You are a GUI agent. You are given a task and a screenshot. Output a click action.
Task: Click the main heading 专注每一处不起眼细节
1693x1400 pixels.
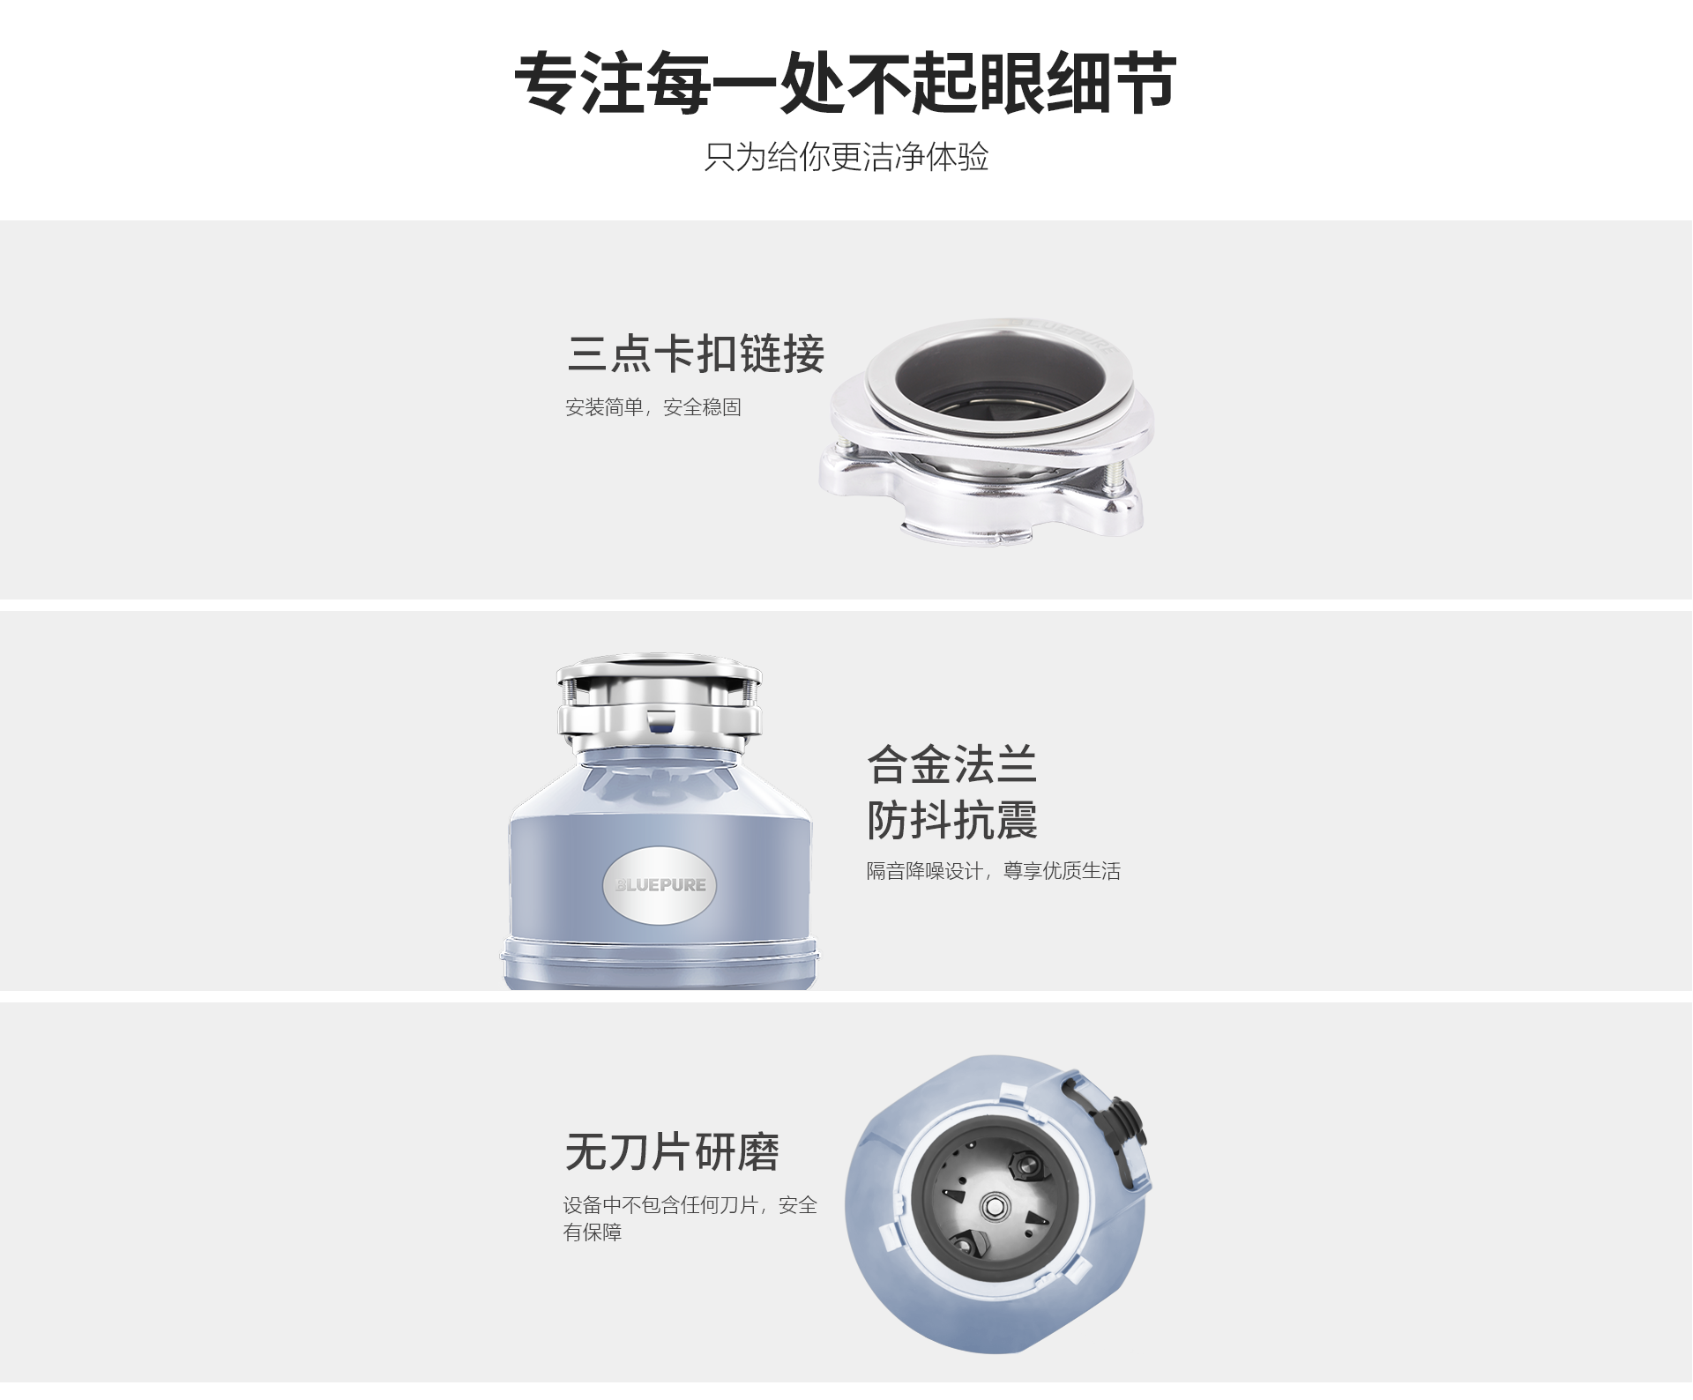click(846, 83)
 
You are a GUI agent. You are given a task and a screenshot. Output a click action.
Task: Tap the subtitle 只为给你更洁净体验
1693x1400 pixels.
click(846, 157)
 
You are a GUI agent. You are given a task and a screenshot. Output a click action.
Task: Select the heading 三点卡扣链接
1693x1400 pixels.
click(696, 354)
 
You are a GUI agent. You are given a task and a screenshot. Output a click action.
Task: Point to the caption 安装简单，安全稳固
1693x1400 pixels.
click(653, 407)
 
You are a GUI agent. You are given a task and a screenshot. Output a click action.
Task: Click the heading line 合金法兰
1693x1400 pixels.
click(952, 764)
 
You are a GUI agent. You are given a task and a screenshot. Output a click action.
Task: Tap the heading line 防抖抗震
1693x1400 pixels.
click(952, 820)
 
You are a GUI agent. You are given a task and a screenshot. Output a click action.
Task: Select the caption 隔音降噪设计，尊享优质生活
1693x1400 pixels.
click(994, 871)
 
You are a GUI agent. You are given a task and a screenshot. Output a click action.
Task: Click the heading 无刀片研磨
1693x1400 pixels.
click(672, 1152)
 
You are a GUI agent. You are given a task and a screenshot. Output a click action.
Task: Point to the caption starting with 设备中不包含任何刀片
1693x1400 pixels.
click(690, 1218)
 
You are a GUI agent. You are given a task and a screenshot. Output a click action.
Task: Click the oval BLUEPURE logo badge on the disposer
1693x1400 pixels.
click(660, 885)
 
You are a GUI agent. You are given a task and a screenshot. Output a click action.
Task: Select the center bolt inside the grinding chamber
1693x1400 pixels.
click(994, 1206)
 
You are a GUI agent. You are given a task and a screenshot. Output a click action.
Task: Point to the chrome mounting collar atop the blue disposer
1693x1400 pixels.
click(659, 704)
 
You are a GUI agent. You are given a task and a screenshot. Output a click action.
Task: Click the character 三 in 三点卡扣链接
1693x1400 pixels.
click(587, 354)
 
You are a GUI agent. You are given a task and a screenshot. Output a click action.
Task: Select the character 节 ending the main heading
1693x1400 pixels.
click(1145, 83)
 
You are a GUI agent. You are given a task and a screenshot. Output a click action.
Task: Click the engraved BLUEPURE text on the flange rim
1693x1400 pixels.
click(1066, 335)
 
